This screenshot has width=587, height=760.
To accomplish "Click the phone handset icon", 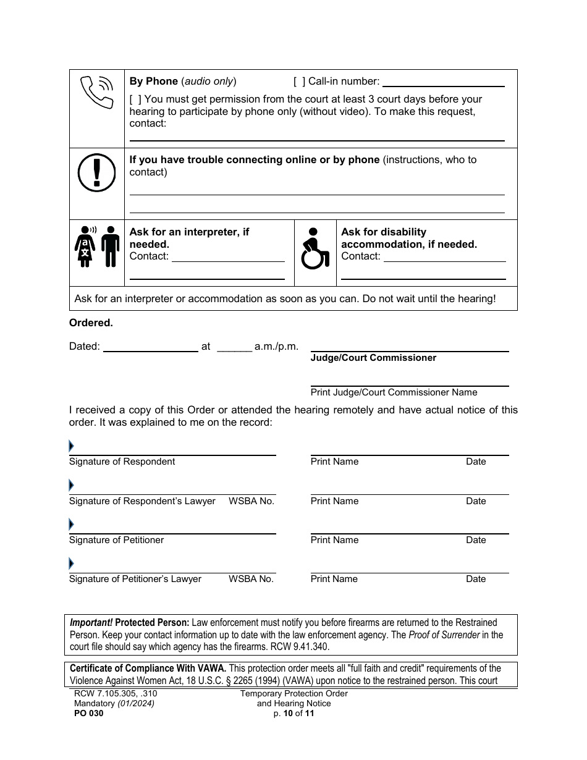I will click(x=97, y=92).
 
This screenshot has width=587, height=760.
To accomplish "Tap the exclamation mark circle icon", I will click(x=96, y=171).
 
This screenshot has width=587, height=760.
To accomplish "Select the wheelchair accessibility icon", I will click(x=315, y=249).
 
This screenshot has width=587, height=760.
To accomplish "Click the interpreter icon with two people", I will click(x=97, y=246).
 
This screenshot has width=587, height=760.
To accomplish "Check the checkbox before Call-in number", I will click(x=299, y=82).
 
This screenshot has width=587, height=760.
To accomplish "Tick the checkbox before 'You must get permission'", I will click(x=135, y=99).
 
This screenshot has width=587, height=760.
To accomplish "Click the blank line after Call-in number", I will click(x=443, y=82).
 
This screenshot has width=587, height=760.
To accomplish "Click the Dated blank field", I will click(x=150, y=347).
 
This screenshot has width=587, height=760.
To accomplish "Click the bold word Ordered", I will click(x=91, y=323).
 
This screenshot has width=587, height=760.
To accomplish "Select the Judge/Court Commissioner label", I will click(x=373, y=358).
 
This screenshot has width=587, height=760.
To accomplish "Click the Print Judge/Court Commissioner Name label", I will click(x=394, y=392).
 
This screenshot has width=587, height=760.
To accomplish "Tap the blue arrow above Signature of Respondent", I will click(x=71, y=446).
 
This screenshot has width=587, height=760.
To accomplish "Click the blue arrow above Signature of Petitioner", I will click(x=71, y=525).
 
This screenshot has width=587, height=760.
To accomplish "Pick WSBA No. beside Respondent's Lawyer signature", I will click(x=251, y=501).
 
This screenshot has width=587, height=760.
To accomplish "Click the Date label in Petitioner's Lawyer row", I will click(x=475, y=579).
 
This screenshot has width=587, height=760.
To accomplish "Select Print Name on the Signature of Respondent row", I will click(x=334, y=462).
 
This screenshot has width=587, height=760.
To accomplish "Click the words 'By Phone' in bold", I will click(x=153, y=82).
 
